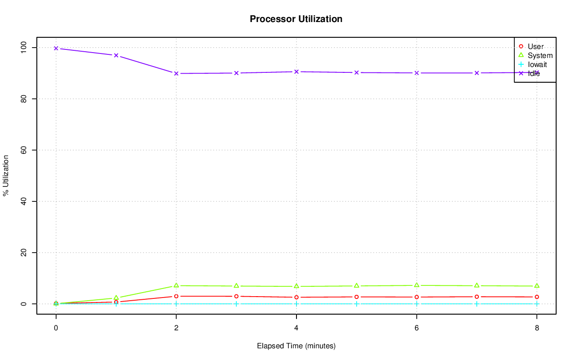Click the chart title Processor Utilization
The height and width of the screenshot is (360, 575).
(x=296, y=19)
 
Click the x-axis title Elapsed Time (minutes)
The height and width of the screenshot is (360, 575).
(x=296, y=346)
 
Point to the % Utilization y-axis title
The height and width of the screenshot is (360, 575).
(x=6, y=175)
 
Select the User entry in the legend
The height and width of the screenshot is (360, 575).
(x=535, y=46)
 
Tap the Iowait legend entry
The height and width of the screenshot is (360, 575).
(x=537, y=64)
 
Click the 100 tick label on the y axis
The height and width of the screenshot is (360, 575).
(x=23, y=47)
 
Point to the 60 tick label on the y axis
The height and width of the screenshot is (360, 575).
(x=23, y=150)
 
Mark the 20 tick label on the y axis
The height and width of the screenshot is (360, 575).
(x=23, y=253)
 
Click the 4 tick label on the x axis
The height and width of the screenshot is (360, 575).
(x=296, y=328)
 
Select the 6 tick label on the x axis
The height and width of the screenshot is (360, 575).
(x=417, y=328)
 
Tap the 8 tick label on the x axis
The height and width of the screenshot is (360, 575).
(x=537, y=328)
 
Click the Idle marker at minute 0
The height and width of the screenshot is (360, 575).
(x=56, y=48)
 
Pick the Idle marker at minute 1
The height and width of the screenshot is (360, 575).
(x=116, y=55)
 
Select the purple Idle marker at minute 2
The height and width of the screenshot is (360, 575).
(x=176, y=73)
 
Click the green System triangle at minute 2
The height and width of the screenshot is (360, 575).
(x=176, y=285)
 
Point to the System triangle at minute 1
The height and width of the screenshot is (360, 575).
(x=116, y=298)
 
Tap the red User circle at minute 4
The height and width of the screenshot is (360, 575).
(x=296, y=297)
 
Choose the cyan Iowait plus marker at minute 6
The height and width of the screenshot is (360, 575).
(x=417, y=304)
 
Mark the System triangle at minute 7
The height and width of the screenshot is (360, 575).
(x=477, y=285)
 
